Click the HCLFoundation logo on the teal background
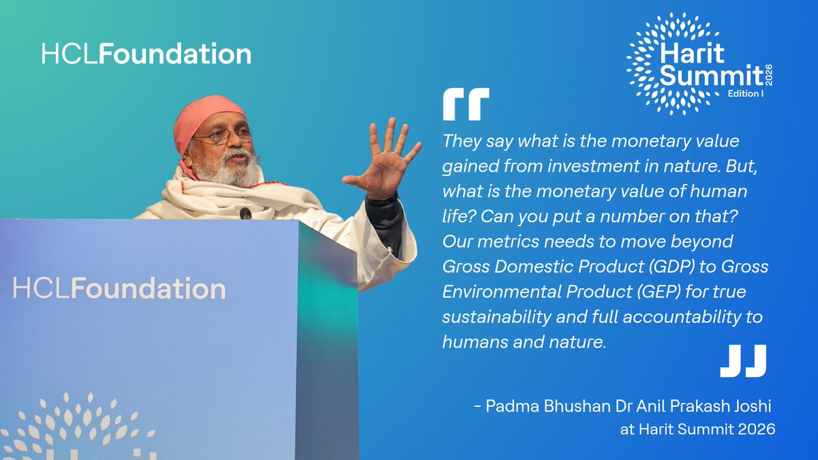tap(146, 55)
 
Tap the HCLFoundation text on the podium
tap(119, 288)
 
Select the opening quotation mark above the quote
tap(466, 106)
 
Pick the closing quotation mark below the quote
tap(743, 361)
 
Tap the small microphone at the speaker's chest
tap(245, 213)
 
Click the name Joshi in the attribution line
tap(751, 408)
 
